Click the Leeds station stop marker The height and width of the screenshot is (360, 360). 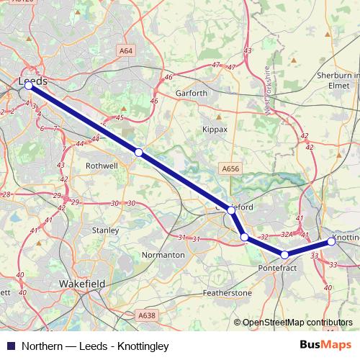click(x=28, y=85)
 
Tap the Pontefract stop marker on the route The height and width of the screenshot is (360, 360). click(x=284, y=255)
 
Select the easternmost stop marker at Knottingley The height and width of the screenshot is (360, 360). click(x=331, y=242)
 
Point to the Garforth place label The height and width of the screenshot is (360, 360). click(x=192, y=93)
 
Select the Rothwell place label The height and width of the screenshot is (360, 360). click(x=102, y=165)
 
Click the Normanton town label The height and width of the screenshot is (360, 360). click(x=164, y=255)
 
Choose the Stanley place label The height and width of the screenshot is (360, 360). click(x=105, y=230)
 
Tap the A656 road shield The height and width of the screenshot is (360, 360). click(x=230, y=168)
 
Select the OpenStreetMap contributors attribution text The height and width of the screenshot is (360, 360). click(x=297, y=323)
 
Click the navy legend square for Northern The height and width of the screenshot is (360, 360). click(x=8, y=344)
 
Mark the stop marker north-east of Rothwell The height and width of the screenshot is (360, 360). click(x=138, y=153)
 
